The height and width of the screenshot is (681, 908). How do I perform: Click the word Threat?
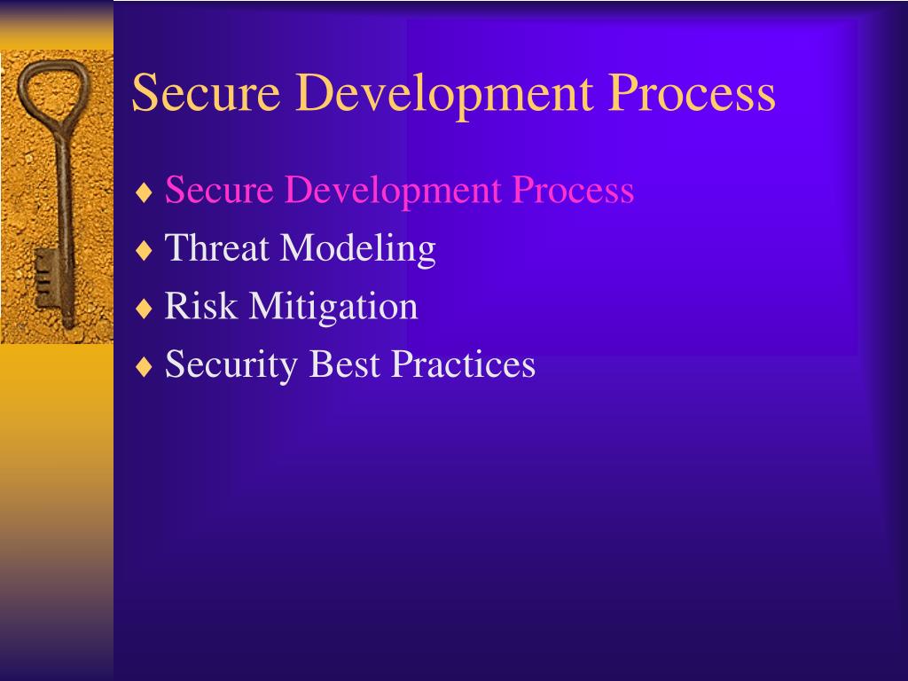tap(216, 248)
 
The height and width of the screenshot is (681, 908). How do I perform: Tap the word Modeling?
tap(358, 248)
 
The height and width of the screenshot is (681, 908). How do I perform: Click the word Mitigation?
tap(333, 307)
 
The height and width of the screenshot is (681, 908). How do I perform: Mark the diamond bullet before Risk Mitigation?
tap(145, 309)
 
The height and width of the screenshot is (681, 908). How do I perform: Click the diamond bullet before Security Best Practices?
tap(145, 366)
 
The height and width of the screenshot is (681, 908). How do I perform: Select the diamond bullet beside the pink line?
tap(145, 192)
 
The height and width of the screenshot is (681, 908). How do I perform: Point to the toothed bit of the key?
tap(44, 278)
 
